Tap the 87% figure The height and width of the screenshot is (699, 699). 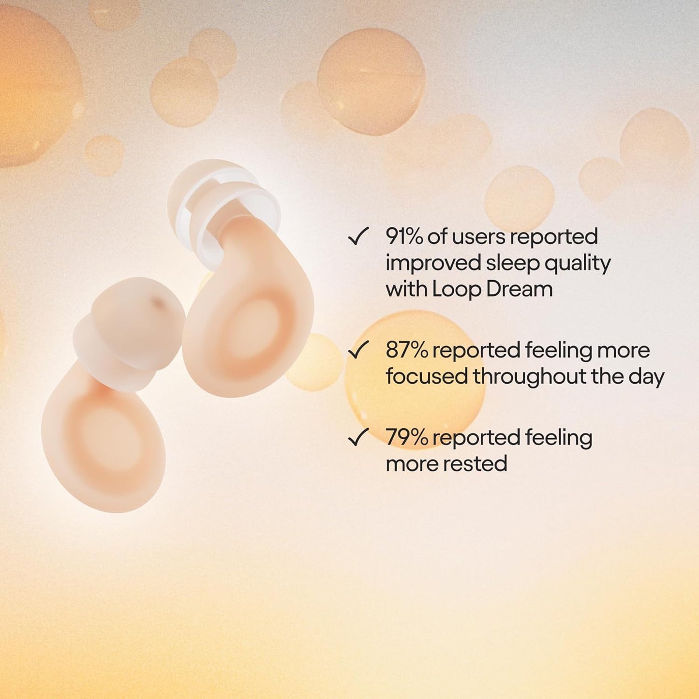[406, 350]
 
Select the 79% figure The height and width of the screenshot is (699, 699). [406, 438]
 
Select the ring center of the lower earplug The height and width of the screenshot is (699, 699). [104, 435]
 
